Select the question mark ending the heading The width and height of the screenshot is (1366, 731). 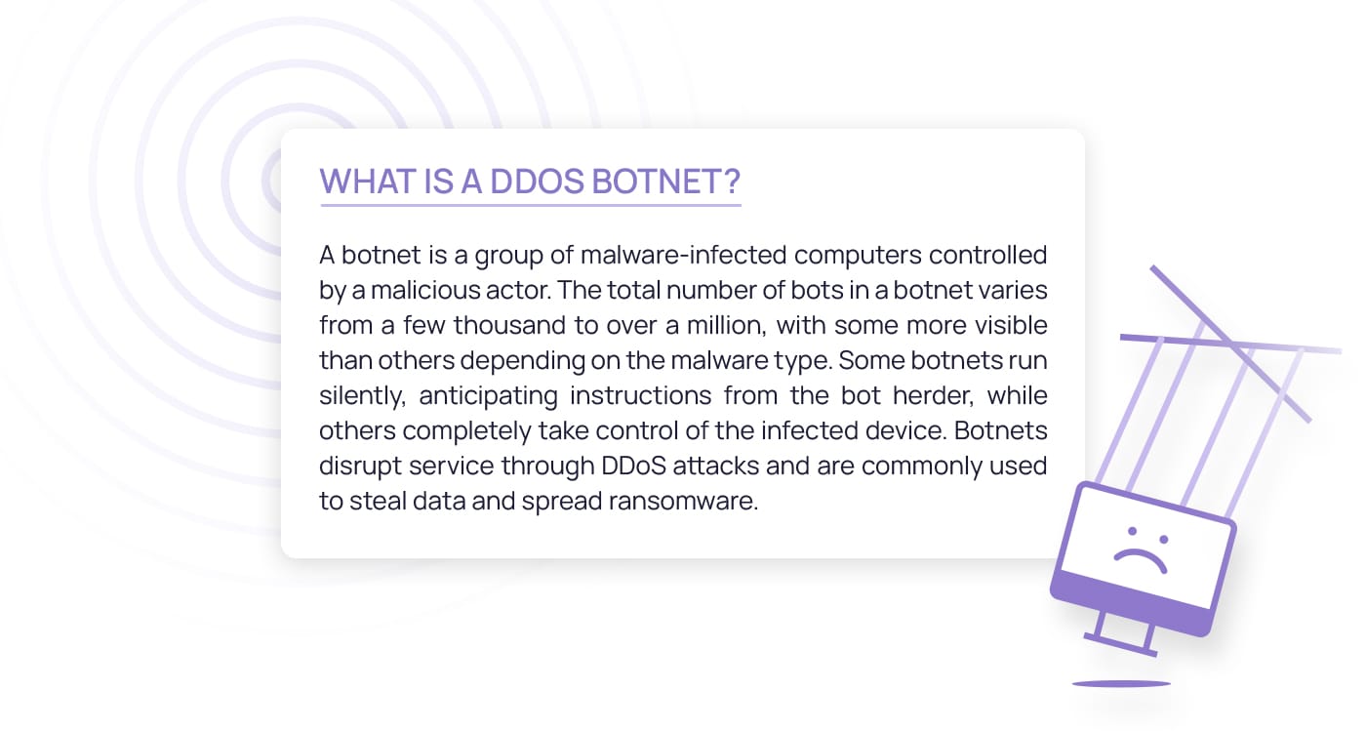coord(731,182)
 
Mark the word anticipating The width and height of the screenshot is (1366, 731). coord(488,396)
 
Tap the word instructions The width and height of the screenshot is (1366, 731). coord(640,395)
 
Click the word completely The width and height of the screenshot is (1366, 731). coord(466,431)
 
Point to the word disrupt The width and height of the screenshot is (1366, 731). coord(360,467)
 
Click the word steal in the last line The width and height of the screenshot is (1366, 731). coord(378,501)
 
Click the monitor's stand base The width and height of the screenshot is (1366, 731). coord(1120,645)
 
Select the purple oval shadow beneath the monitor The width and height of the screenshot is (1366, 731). coord(1121,684)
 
